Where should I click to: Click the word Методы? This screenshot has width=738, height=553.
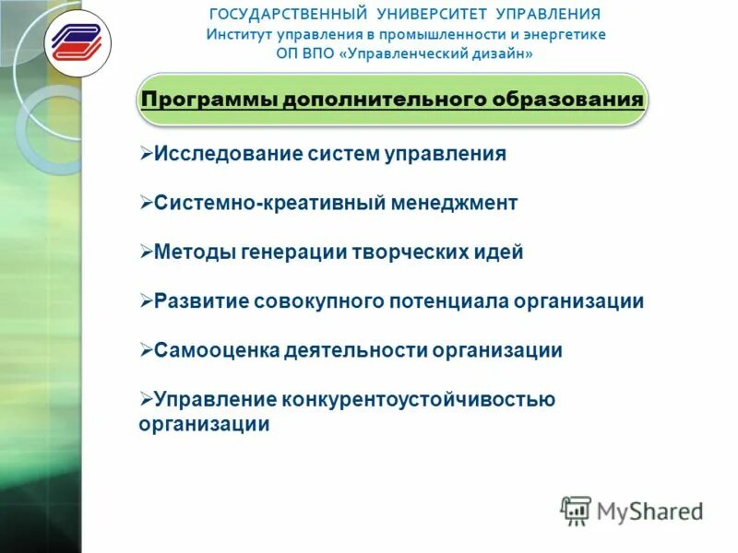[x=190, y=252]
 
